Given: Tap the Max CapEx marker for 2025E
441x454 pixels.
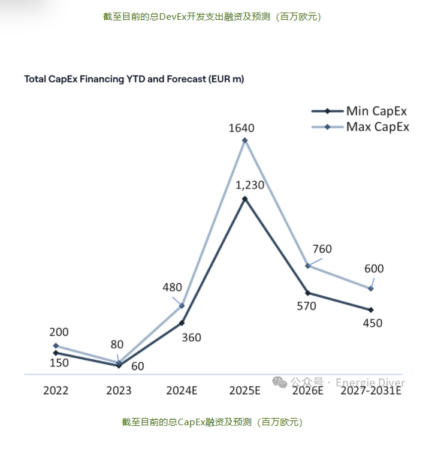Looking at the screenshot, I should (x=244, y=141).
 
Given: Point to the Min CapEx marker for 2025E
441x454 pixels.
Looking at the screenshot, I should (x=244, y=198).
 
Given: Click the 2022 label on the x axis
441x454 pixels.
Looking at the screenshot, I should (x=56, y=390).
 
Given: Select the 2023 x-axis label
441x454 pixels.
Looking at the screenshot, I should (x=119, y=390).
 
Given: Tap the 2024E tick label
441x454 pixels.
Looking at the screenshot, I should (x=182, y=390).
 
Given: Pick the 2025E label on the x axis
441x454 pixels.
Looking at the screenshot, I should (x=244, y=390).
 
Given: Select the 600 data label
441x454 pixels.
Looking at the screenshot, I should (x=373, y=269).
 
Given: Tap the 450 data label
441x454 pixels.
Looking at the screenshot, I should (x=372, y=323).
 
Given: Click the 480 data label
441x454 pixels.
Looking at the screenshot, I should (x=172, y=287).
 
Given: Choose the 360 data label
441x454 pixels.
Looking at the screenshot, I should (x=191, y=338).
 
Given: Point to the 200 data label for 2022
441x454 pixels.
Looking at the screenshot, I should (x=59, y=332).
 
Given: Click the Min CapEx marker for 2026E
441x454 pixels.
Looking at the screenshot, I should (x=307, y=293).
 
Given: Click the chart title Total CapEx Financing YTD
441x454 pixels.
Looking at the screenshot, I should (x=134, y=79).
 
